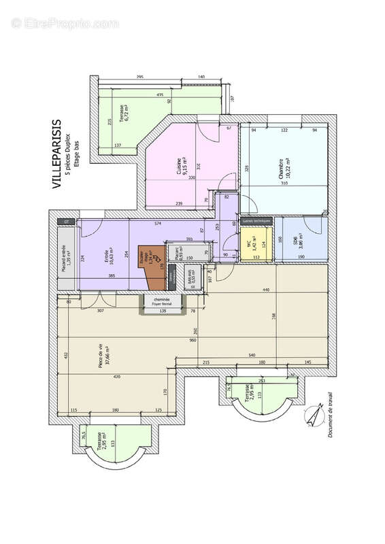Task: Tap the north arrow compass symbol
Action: point(314,414)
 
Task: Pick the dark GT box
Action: point(67,222)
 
